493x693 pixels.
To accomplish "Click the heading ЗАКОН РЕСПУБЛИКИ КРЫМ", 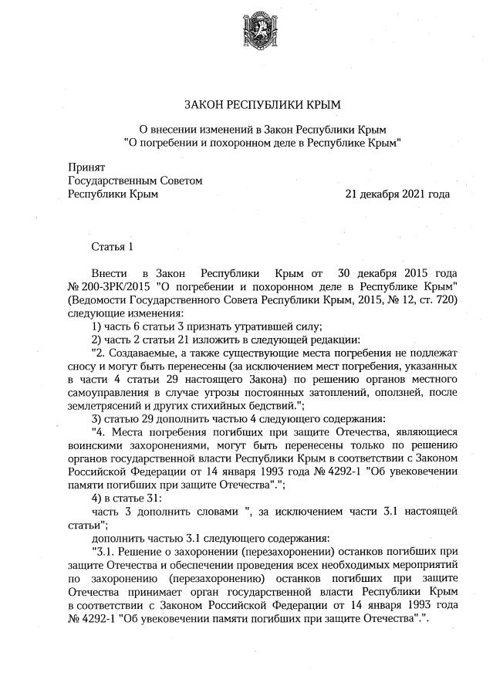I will coord(262,104).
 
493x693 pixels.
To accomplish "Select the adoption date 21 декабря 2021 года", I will coord(397,194).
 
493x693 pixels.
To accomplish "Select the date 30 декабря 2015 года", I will coord(397,274).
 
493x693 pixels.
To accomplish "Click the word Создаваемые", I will coord(140,353).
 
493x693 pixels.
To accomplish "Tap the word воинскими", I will coord(96,445).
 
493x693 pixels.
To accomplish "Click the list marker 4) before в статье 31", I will coord(98,498).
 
